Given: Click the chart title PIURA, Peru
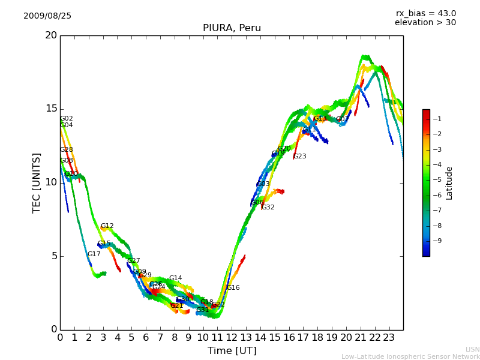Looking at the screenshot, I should tap(232, 28).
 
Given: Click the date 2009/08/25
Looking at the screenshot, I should tap(47, 16).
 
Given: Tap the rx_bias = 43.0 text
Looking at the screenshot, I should tap(425, 14).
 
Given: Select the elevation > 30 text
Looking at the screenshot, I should tap(425, 23).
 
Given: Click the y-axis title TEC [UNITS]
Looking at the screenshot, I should tap(37, 182).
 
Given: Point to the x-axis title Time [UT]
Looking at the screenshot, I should tap(232, 351).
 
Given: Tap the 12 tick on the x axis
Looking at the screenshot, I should tap(232, 337).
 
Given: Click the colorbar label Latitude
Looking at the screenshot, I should tap(449, 183).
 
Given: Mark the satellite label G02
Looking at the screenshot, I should tap(67, 119).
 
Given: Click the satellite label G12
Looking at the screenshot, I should tap(107, 226).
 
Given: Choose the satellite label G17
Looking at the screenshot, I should tap(94, 254).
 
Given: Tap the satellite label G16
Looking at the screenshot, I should tap(233, 288).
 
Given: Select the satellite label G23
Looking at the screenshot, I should tap(299, 157).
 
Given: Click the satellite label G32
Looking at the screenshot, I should tap(268, 208).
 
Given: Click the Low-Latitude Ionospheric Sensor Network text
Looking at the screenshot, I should tap(410, 356).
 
